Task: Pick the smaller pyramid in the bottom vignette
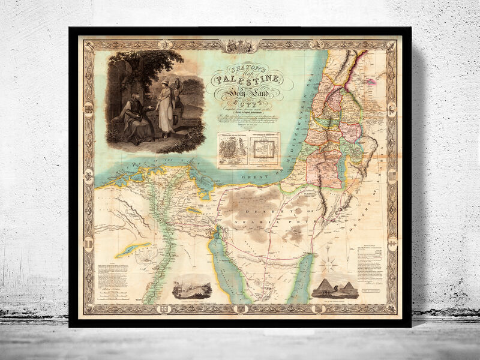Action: click(346, 289)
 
